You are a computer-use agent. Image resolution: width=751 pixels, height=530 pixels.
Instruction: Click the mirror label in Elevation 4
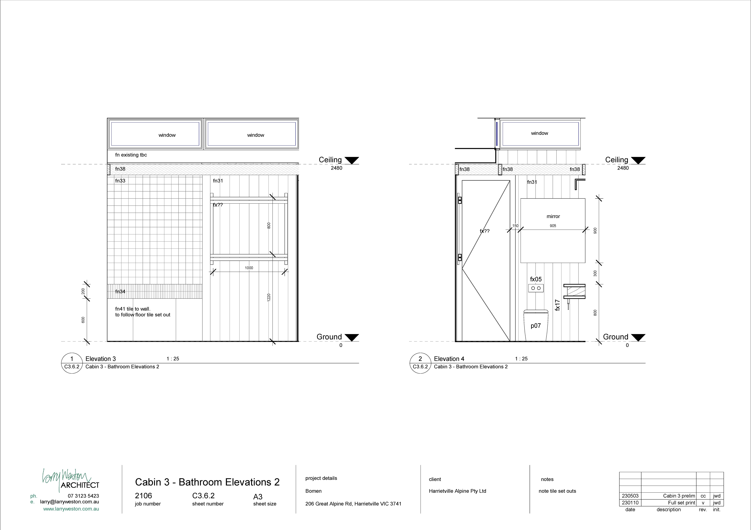pos(553,216)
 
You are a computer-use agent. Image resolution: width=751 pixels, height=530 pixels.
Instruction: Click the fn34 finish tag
pos(120,291)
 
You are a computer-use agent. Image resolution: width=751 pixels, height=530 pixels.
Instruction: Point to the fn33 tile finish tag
pos(120,181)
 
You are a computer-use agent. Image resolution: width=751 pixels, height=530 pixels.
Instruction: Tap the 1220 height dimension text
pos(269,297)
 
